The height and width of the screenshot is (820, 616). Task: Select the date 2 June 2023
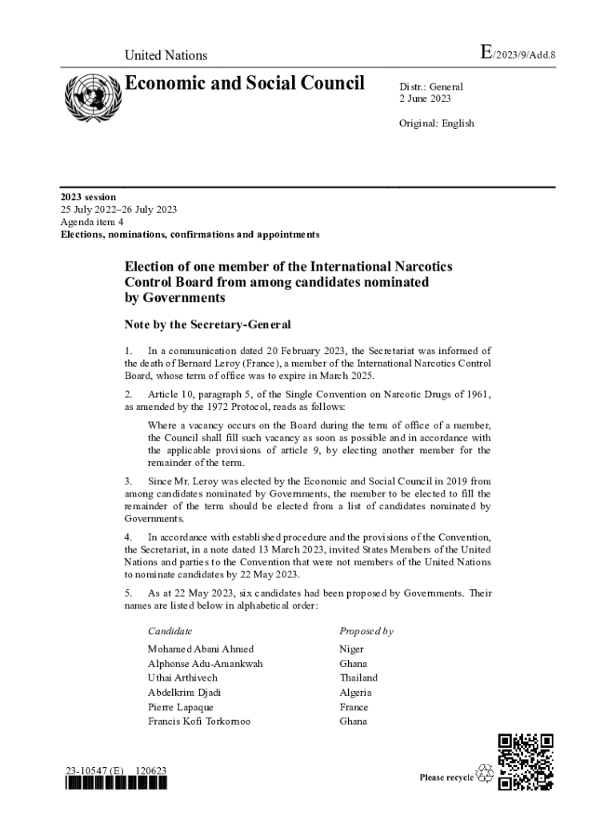[x=426, y=98]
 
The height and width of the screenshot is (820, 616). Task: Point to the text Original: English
[x=437, y=123]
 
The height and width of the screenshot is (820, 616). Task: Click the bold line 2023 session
[x=89, y=196]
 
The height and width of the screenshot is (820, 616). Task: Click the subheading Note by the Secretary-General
[x=207, y=325]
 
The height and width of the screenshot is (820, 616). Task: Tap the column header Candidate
[x=170, y=631]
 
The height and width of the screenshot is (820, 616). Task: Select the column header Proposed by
[x=366, y=631]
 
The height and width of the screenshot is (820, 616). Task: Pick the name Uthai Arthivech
[x=182, y=677]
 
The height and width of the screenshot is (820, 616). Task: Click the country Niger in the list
[x=351, y=649]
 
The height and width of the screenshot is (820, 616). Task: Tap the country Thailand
[x=358, y=677]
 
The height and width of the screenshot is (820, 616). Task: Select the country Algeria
[x=355, y=693]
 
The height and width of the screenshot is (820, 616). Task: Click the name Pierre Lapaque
[x=180, y=707]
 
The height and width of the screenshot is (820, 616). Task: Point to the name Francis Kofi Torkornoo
[x=199, y=722]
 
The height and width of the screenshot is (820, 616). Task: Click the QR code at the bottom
[x=526, y=761]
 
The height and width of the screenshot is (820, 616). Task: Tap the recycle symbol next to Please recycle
[x=485, y=773]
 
